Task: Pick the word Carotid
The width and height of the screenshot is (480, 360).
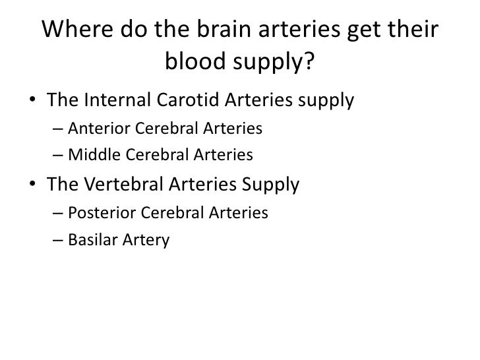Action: click(x=189, y=102)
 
